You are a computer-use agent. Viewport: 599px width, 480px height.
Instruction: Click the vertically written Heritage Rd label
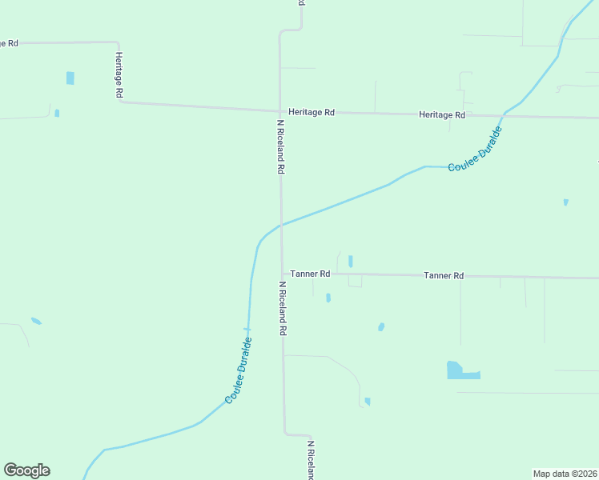click(x=118, y=76)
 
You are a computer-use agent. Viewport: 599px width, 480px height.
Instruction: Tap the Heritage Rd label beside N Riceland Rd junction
click(x=312, y=113)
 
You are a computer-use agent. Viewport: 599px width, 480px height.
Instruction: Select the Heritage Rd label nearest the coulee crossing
click(x=441, y=115)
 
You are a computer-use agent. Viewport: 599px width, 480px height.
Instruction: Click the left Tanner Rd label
click(x=310, y=274)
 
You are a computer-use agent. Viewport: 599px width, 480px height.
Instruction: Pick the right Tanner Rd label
click(x=444, y=276)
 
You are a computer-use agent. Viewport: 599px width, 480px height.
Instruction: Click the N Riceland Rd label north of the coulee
click(x=281, y=147)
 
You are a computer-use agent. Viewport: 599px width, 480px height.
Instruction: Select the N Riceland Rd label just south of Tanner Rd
click(x=283, y=308)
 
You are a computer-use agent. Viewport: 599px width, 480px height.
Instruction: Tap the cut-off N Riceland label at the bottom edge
click(x=310, y=459)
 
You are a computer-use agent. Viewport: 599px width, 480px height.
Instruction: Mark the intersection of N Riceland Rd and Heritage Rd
click(x=279, y=111)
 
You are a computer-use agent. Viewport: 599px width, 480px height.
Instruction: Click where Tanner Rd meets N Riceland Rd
click(x=282, y=274)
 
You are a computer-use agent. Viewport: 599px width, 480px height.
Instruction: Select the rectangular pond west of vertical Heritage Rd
click(x=70, y=78)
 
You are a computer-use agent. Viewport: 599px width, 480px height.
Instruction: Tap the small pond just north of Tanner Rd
click(x=351, y=261)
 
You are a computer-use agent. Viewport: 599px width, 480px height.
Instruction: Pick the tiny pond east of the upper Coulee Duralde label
click(x=565, y=202)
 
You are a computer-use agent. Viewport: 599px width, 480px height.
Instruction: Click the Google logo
click(x=26, y=470)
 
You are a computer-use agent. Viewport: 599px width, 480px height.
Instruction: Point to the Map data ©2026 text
click(x=565, y=474)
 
